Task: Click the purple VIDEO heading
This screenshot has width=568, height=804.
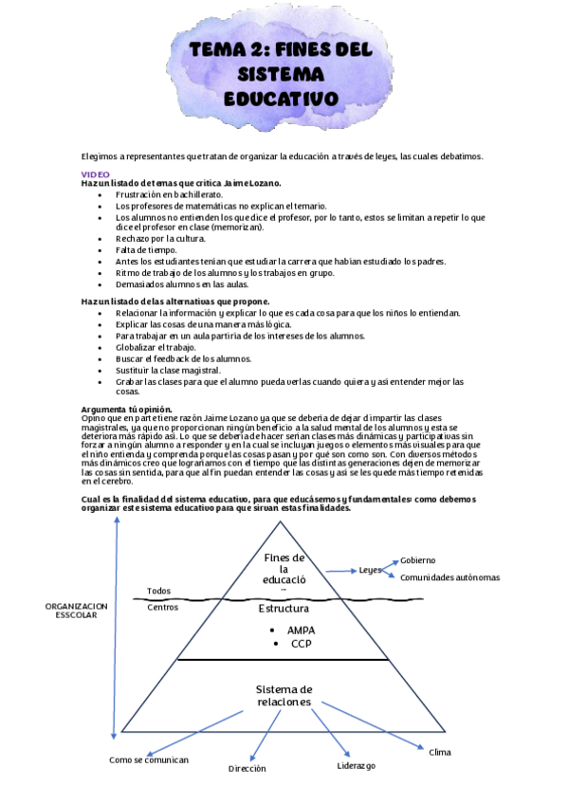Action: point(95,174)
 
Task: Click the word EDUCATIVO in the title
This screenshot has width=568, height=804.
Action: point(281,98)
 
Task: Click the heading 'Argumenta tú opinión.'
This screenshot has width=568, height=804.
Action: point(126,409)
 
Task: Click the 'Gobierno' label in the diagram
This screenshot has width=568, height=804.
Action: point(418,560)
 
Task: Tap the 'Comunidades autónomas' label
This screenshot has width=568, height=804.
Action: point(449,577)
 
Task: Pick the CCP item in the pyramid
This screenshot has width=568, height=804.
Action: point(302,644)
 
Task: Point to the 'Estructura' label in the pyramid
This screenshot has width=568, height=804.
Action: point(285,609)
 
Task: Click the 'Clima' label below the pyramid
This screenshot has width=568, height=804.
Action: point(440,752)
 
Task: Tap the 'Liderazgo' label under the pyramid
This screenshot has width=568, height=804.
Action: point(357,765)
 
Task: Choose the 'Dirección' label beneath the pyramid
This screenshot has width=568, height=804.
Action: point(247,768)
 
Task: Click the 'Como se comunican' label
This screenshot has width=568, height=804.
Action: point(149,759)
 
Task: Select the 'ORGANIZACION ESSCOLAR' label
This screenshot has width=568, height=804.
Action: point(76,610)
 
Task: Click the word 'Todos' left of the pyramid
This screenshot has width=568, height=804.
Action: point(159,591)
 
